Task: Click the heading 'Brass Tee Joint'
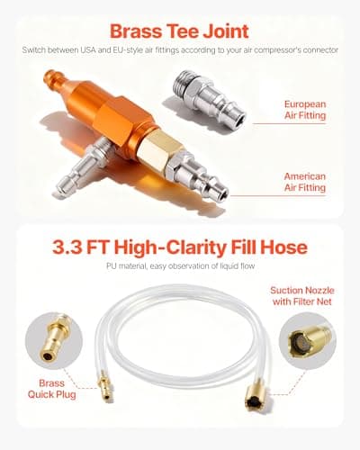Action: tap(180, 26)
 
